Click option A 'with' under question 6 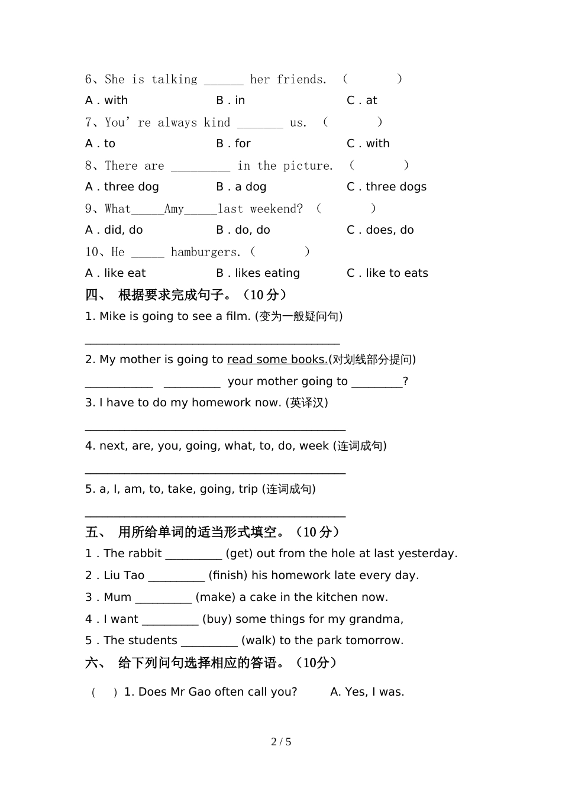tap(106, 101)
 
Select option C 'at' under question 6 tap(361, 101)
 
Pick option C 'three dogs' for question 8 tap(386, 187)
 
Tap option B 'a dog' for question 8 tap(241, 187)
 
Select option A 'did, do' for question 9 tap(114, 230)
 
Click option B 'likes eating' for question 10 tap(258, 273)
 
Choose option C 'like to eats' tap(387, 273)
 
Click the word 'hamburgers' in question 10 tap(205, 253)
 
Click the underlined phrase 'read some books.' tap(277, 360)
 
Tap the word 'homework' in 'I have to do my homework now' tap(225, 403)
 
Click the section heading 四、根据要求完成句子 tap(186, 295)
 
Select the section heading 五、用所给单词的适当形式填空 tap(212, 532)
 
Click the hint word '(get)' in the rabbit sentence tap(240, 554)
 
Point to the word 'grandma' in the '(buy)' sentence tap(379, 619)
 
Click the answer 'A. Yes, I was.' tap(367, 692)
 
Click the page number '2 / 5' tap(281, 742)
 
